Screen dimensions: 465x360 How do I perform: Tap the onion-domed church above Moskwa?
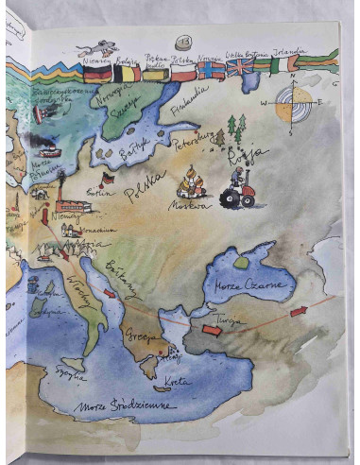pyautogui.click(x=192, y=182)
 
